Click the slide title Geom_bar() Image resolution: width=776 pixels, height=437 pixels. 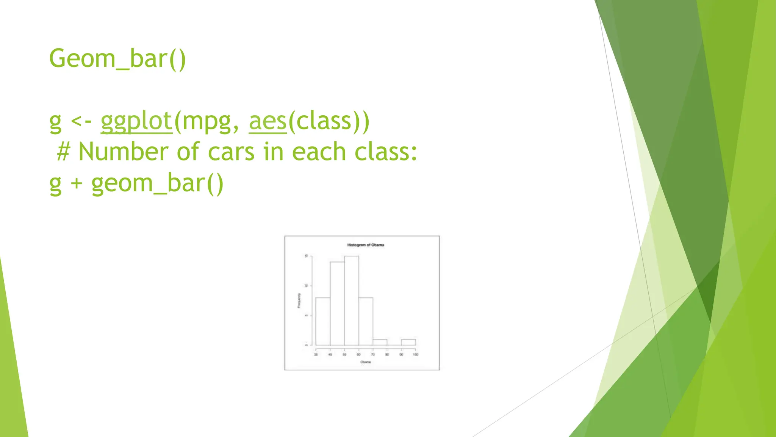(x=117, y=59)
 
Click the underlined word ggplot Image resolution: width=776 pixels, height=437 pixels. (x=136, y=121)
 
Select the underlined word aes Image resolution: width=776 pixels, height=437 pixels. (x=268, y=121)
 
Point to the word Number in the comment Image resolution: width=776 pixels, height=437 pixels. (x=124, y=152)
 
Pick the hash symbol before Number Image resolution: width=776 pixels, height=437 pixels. (x=63, y=152)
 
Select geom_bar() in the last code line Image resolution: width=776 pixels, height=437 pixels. (x=158, y=184)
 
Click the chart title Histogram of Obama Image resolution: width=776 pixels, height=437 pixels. (x=366, y=245)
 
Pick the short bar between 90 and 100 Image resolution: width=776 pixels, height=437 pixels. (x=408, y=342)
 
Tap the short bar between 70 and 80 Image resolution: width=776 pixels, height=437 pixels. (x=380, y=342)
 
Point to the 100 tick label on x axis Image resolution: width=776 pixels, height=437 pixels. (x=416, y=355)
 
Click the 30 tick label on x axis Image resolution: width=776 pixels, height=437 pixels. (x=316, y=355)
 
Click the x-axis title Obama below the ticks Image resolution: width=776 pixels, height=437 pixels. (x=366, y=362)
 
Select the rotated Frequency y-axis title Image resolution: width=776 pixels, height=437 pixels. (x=299, y=300)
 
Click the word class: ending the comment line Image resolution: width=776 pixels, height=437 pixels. (x=386, y=152)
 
